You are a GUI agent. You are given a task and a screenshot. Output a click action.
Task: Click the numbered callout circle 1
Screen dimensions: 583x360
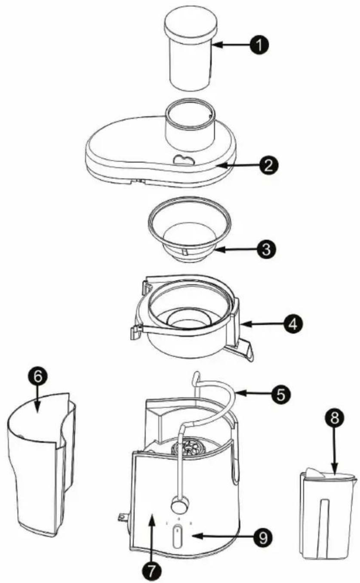260,44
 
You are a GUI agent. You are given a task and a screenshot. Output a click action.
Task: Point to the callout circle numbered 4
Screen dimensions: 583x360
292,322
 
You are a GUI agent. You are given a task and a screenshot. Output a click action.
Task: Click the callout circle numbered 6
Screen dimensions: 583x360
37,377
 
